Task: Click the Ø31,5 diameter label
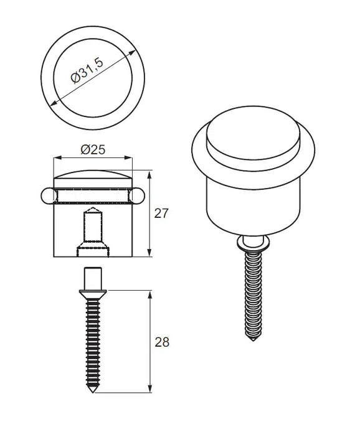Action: (87, 70)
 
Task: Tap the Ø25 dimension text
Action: (93, 150)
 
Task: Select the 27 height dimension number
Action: (161, 213)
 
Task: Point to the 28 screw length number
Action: (162, 342)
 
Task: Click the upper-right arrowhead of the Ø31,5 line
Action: (132, 53)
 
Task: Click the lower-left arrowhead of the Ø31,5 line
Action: (54, 103)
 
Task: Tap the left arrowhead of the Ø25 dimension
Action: (57, 157)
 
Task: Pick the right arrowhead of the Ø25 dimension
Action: (128, 157)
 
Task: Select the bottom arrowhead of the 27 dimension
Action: (149, 253)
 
